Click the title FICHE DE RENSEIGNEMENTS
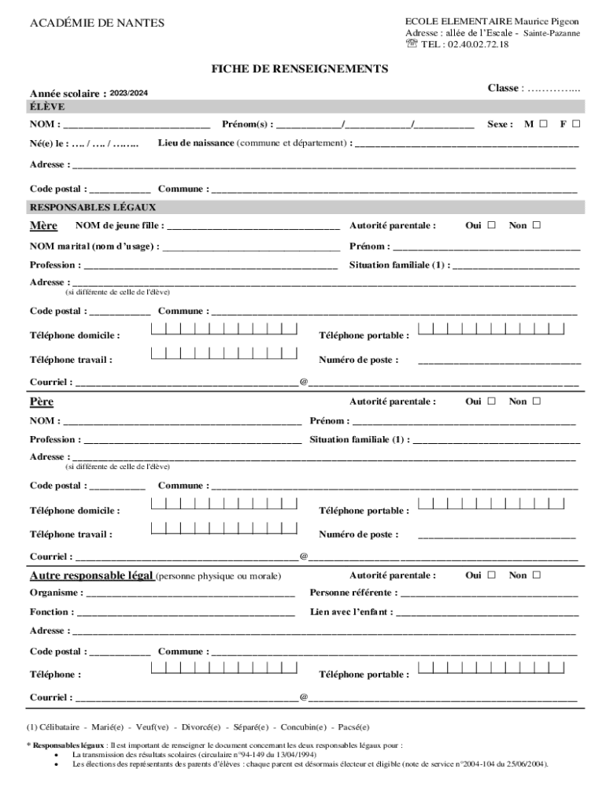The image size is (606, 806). pos(299,69)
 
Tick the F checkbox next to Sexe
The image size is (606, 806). pos(576,124)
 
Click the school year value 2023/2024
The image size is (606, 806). pos(128,94)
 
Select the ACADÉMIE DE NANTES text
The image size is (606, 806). pos(97,23)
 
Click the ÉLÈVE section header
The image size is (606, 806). pos(47,107)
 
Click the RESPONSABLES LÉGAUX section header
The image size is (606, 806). pos(93,208)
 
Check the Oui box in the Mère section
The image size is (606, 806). pos(492,226)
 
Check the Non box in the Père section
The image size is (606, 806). pos(537,401)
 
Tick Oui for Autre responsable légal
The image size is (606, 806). pos(492,575)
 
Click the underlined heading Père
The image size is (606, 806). pos(42,402)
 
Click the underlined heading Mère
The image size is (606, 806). pos(43,226)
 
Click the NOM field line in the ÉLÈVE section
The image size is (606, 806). pos(136,125)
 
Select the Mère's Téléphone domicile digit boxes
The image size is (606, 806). pos(224,329)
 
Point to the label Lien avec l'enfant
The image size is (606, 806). pos(350,612)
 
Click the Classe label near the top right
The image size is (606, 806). pos(503,88)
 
